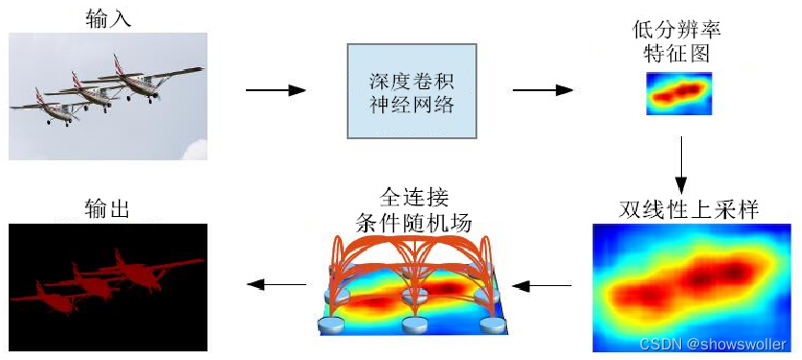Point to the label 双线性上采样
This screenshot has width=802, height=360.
pyautogui.click(x=691, y=208)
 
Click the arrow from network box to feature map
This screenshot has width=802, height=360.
pyautogui.click(x=543, y=91)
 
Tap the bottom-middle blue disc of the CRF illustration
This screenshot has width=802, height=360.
pyautogui.click(x=415, y=325)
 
